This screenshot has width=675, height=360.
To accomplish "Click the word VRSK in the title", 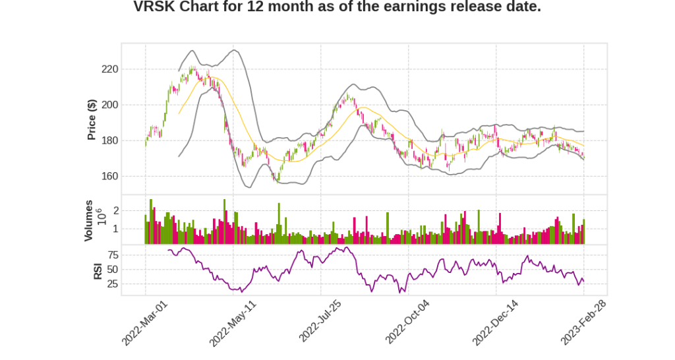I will (154, 7).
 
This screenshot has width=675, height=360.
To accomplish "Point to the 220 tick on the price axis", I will (109, 69).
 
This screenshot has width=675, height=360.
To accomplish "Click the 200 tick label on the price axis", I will (109, 105).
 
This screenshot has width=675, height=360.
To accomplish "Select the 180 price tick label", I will (109, 140).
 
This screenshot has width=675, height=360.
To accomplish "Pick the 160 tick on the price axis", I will (109, 176).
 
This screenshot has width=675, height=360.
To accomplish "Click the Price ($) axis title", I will (92, 119).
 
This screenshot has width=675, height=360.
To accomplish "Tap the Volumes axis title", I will (88, 220).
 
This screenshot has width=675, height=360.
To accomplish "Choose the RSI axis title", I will (98, 270).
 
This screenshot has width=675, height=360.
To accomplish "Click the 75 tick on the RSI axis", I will (113, 255).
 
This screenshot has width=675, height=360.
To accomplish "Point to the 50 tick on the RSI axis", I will (113, 270).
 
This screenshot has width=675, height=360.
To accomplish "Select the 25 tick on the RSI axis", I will (113, 284).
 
